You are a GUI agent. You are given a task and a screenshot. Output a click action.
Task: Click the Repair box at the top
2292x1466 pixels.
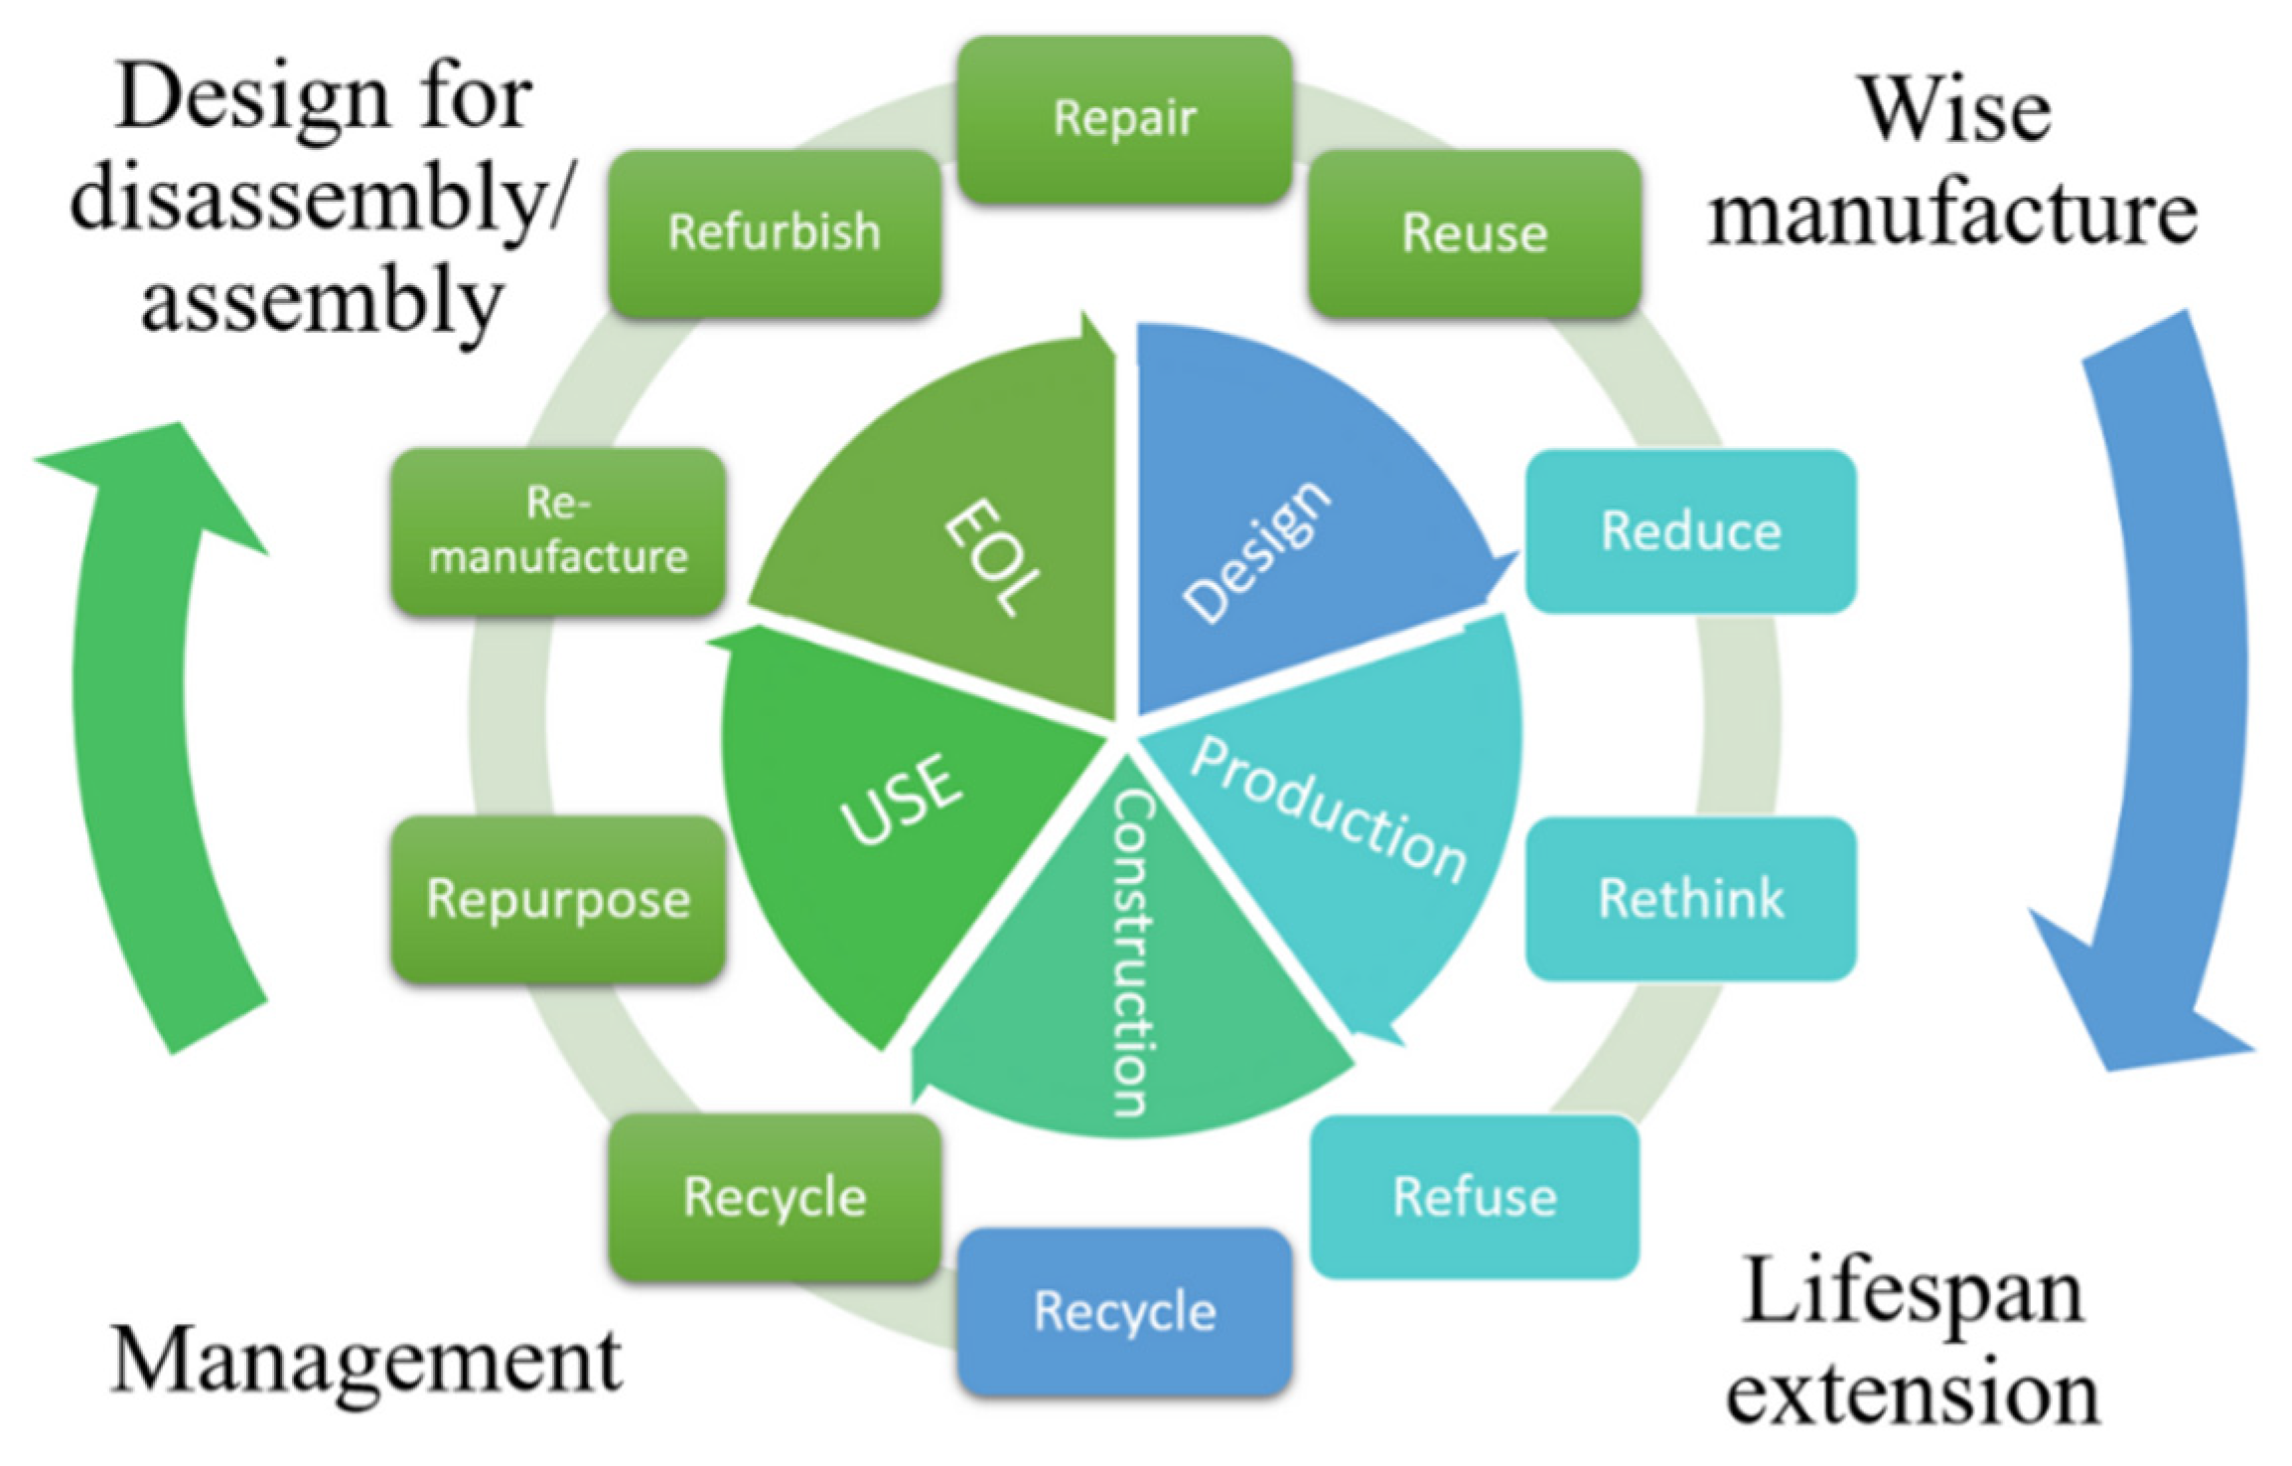(x=1124, y=119)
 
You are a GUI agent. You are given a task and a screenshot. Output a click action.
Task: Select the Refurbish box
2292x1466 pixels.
(x=774, y=233)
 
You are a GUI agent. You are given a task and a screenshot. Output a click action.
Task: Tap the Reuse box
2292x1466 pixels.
(x=1475, y=233)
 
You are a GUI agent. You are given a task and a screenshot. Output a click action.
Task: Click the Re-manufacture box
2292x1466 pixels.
(x=558, y=531)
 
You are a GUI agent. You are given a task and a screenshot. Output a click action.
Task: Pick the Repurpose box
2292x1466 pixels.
(x=558, y=899)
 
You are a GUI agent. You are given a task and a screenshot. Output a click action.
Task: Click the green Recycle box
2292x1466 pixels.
(x=775, y=1197)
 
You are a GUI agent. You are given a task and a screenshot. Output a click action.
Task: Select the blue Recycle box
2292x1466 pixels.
(x=1124, y=1311)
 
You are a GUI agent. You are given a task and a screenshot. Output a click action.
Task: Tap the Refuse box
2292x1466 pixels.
(x=1475, y=1197)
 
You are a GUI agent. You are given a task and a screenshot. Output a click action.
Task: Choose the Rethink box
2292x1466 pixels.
(x=1690, y=899)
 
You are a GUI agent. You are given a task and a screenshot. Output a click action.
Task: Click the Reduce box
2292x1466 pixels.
(x=1690, y=531)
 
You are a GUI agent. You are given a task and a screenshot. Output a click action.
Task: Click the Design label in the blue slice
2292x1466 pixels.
(x=1256, y=551)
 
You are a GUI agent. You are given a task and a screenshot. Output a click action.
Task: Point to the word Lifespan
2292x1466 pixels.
(x=1913, y=1291)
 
